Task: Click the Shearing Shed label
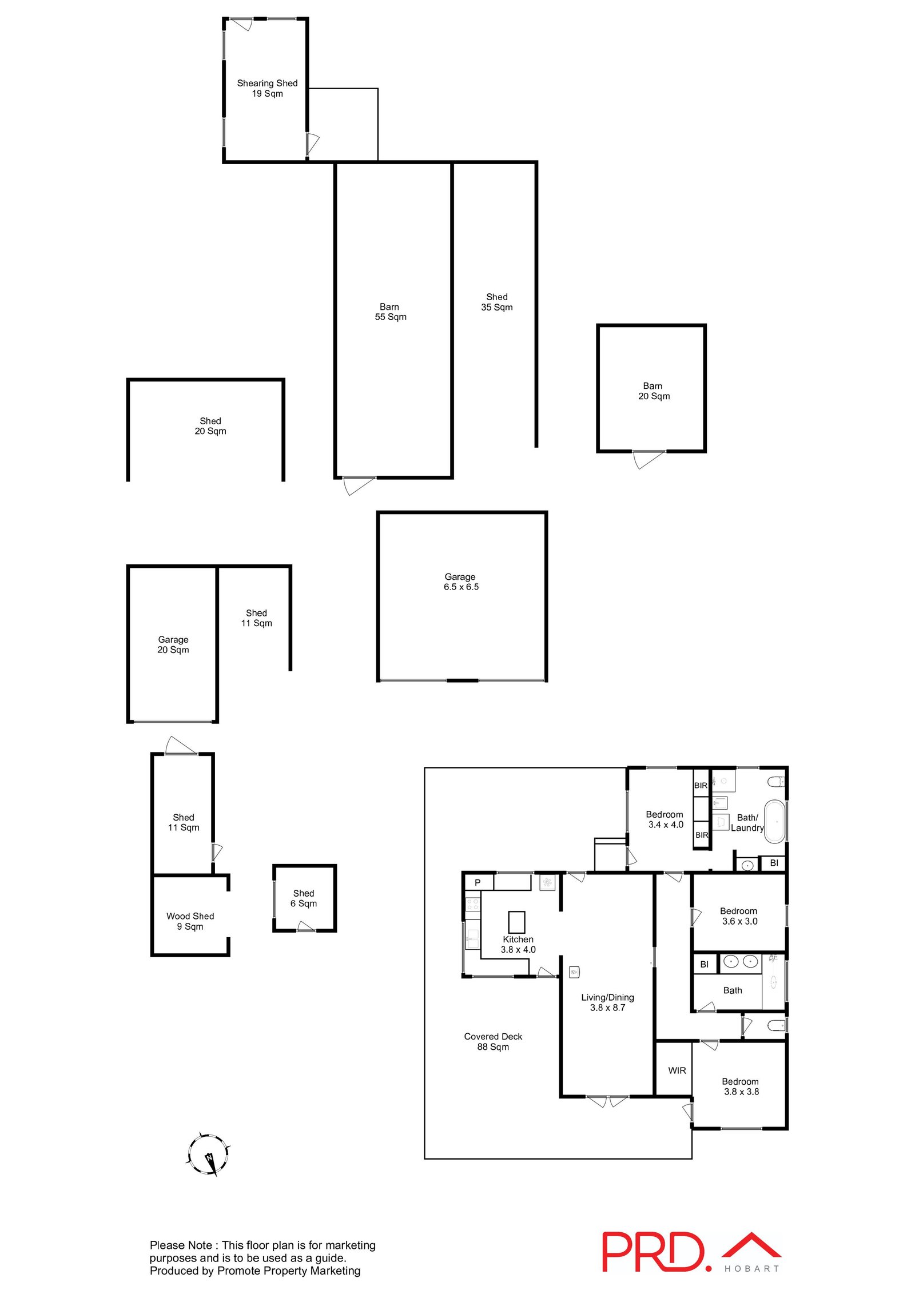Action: pyautogui.click(x=267, y=88)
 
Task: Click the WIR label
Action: pyautogui.click(x=677, y=1070)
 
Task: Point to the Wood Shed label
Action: pyautogui.click(x=190, y=921)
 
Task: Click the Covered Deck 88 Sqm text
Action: pyautogui.click(x=493, y=1041)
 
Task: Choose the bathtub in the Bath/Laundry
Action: pyautogui.click(x=775, y=821)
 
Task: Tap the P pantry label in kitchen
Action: pyautogui.click(x=478, y=883)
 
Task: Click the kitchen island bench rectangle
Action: pyautogui.click(x=516, y=922)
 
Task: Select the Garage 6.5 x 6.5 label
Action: pyautogui.click(x=461, y=582)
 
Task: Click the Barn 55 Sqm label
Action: pyautogui.click(x=391, y=312)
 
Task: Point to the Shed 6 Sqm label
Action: pyautogui.click(x=304, y=898)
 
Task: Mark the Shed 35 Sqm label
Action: pyautogui.click(x=497, y=302)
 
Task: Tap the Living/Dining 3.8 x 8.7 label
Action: pyautogui.click(x=607, y=1002)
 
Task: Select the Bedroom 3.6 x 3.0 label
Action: pyautogui.click(x=739, y=916)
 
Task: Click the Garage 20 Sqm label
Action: pyautogui.click(x=173, y=644)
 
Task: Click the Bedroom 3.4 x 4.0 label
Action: pyautogui.click(x=665, y=819)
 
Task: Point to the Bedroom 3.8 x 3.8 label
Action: pyautogui.click(x=741, y=1086)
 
